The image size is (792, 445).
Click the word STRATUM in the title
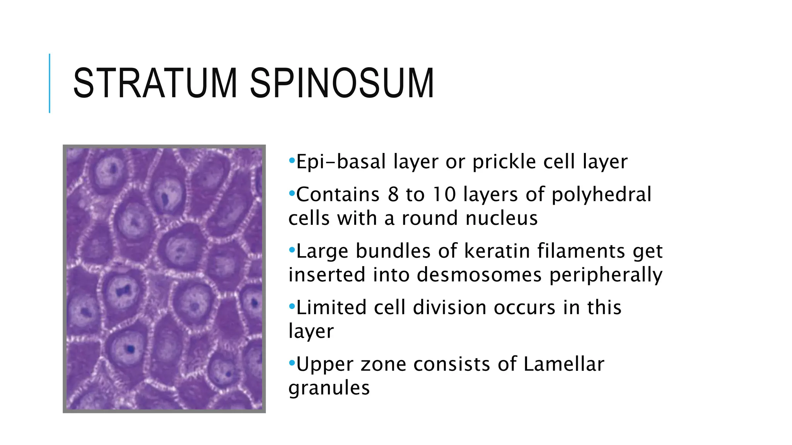click(x=155, y=83)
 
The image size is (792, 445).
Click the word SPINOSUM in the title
click(x=342, y=83)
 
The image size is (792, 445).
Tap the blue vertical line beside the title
click(x=49, y=83)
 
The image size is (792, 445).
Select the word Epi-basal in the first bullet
click(x=341, y=161)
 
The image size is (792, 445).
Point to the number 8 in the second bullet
click(x=393, y=194)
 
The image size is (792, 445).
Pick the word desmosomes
click(x=479, y=275)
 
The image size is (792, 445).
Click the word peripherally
click(x=606, y=275)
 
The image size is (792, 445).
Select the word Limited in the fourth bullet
click(x=331, y=307)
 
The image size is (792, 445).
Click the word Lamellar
click(x=564, y=364)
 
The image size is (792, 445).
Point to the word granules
click(x=329, y=388)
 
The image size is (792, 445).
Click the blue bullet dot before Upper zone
click(x=292, y=363)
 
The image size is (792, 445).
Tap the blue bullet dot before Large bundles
click(x=292, y=250)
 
